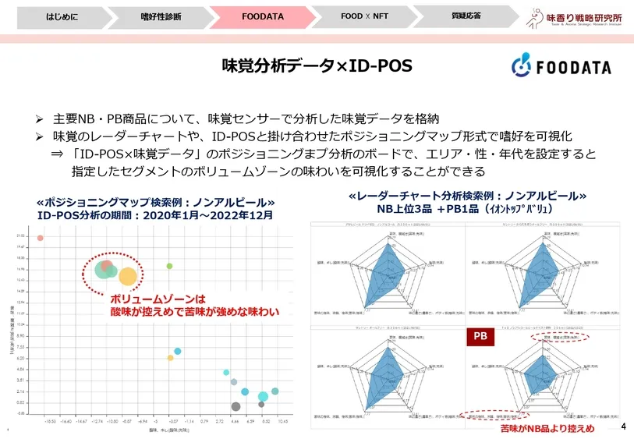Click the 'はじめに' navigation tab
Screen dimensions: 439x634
coord(62,16)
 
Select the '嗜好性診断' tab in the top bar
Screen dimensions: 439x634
coord(161,16)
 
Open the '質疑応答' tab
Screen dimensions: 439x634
coord(466,16)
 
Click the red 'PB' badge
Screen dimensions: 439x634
coord(480,337)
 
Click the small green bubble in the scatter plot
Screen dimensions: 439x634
coord(169,266)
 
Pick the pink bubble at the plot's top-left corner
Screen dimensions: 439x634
coord(41,238)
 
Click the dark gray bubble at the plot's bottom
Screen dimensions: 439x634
coord(236,405)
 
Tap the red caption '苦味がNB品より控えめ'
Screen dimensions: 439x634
coord(547,428)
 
